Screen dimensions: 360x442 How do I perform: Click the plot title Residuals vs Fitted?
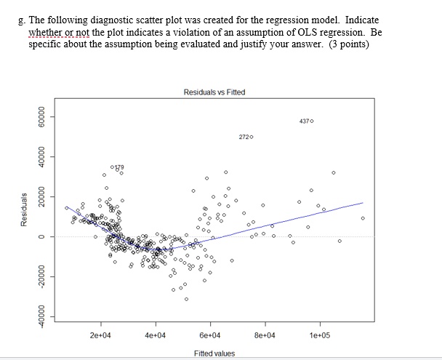coord(214,92)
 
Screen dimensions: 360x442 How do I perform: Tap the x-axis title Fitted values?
coord(214,353)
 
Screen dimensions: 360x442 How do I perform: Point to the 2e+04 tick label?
coord(100,335)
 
